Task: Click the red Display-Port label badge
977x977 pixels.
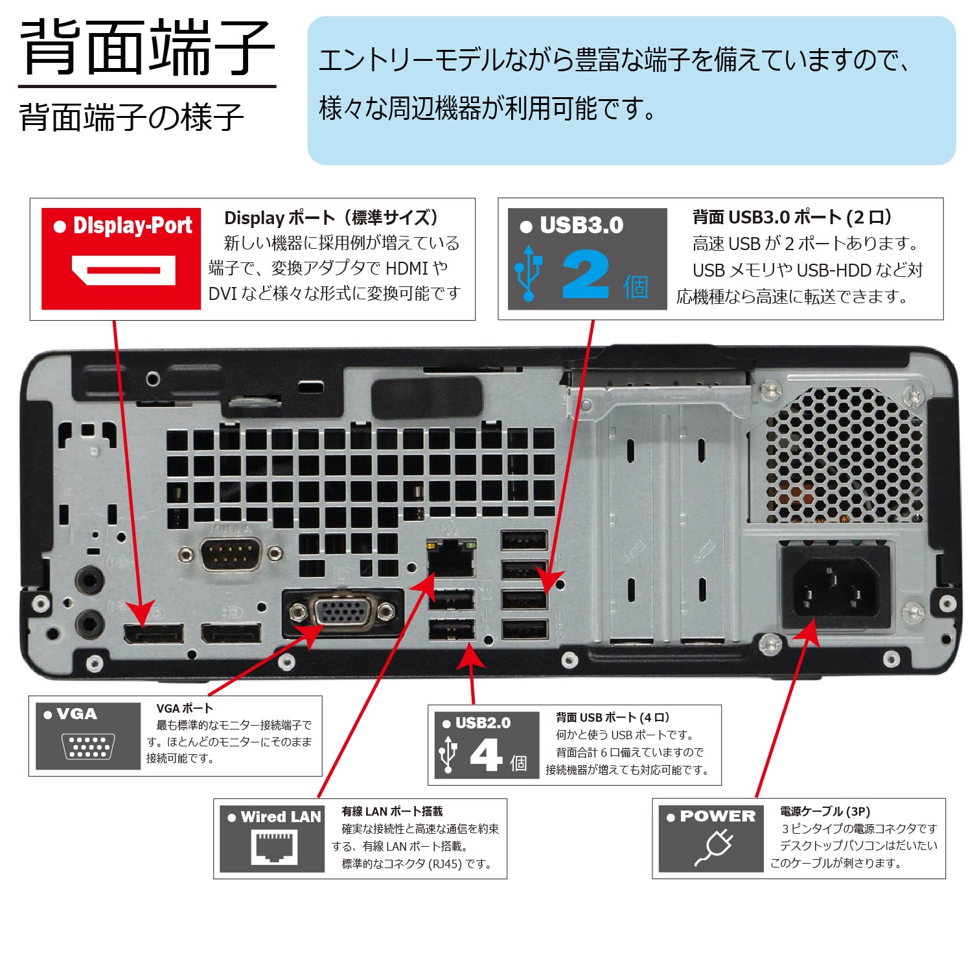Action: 121,259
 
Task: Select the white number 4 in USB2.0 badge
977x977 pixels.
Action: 486,755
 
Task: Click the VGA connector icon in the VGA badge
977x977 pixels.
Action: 88,746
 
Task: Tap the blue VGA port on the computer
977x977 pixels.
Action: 343,611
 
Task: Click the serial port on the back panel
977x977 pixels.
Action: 230,554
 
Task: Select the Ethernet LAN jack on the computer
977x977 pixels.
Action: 452,558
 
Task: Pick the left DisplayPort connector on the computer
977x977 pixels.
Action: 154,633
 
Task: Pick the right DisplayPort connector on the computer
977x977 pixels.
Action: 231,633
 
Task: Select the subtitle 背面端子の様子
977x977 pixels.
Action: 132,117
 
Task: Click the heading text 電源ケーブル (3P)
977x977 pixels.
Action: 825,811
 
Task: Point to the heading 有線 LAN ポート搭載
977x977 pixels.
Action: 392,811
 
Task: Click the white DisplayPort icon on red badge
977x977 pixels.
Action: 123,271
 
